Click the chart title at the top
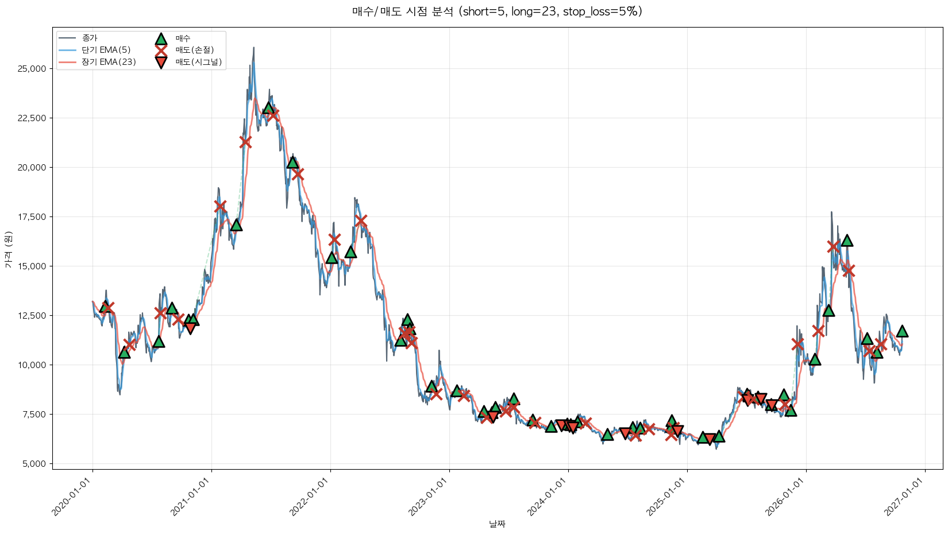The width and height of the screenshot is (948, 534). coord(498,11)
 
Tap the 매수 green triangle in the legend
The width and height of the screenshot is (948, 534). coord(161,38)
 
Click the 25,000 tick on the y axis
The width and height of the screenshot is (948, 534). coord(32,68)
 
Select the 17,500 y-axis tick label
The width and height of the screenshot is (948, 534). coord(32,217)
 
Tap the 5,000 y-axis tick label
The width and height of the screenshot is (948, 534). coord(34,464)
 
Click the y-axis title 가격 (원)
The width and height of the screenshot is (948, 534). coord(9,249)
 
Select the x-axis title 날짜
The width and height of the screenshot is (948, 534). coord(498,524)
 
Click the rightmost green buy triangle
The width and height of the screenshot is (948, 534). coord(902,331)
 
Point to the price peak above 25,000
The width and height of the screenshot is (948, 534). coord(253,47)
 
